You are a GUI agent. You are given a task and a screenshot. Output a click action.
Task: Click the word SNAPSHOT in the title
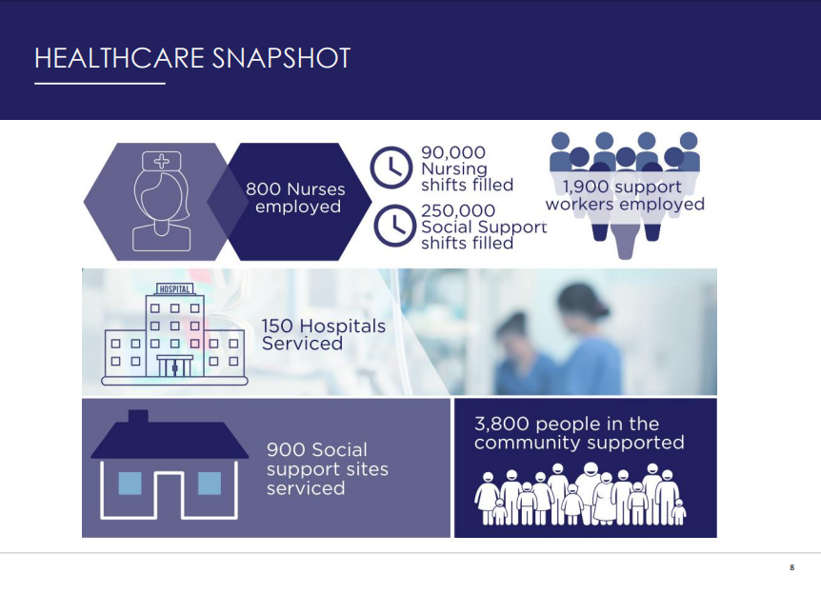click(281, 58)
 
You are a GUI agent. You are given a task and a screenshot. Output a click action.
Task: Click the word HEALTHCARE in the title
click(119, 58)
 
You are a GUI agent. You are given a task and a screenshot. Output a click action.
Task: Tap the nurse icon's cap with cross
click(161, 161)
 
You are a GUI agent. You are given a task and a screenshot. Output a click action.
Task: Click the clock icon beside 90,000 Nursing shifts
click(391, 168)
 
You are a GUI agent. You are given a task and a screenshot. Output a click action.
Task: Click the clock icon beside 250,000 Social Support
click(394, 226)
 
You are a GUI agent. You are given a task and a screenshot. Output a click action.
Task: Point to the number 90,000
click(453, 152)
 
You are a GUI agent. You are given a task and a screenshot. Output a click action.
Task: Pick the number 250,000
click(458, 210)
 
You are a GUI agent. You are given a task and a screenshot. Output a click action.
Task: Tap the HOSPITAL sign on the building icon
click(175, 288)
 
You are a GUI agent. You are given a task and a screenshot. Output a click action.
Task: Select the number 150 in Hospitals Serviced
click(277, 327)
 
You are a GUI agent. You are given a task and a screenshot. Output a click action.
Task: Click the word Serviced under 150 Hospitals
click(302, 344)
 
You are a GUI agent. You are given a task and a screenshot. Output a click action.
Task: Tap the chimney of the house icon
click(138, 417)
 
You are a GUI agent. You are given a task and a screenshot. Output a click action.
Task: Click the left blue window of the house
click(130, 484)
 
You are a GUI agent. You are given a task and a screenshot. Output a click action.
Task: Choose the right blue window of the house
click(210, 484)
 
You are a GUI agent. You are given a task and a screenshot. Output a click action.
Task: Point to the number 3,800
click(503, 424)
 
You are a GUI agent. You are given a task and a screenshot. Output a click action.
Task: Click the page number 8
click(791, 567)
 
